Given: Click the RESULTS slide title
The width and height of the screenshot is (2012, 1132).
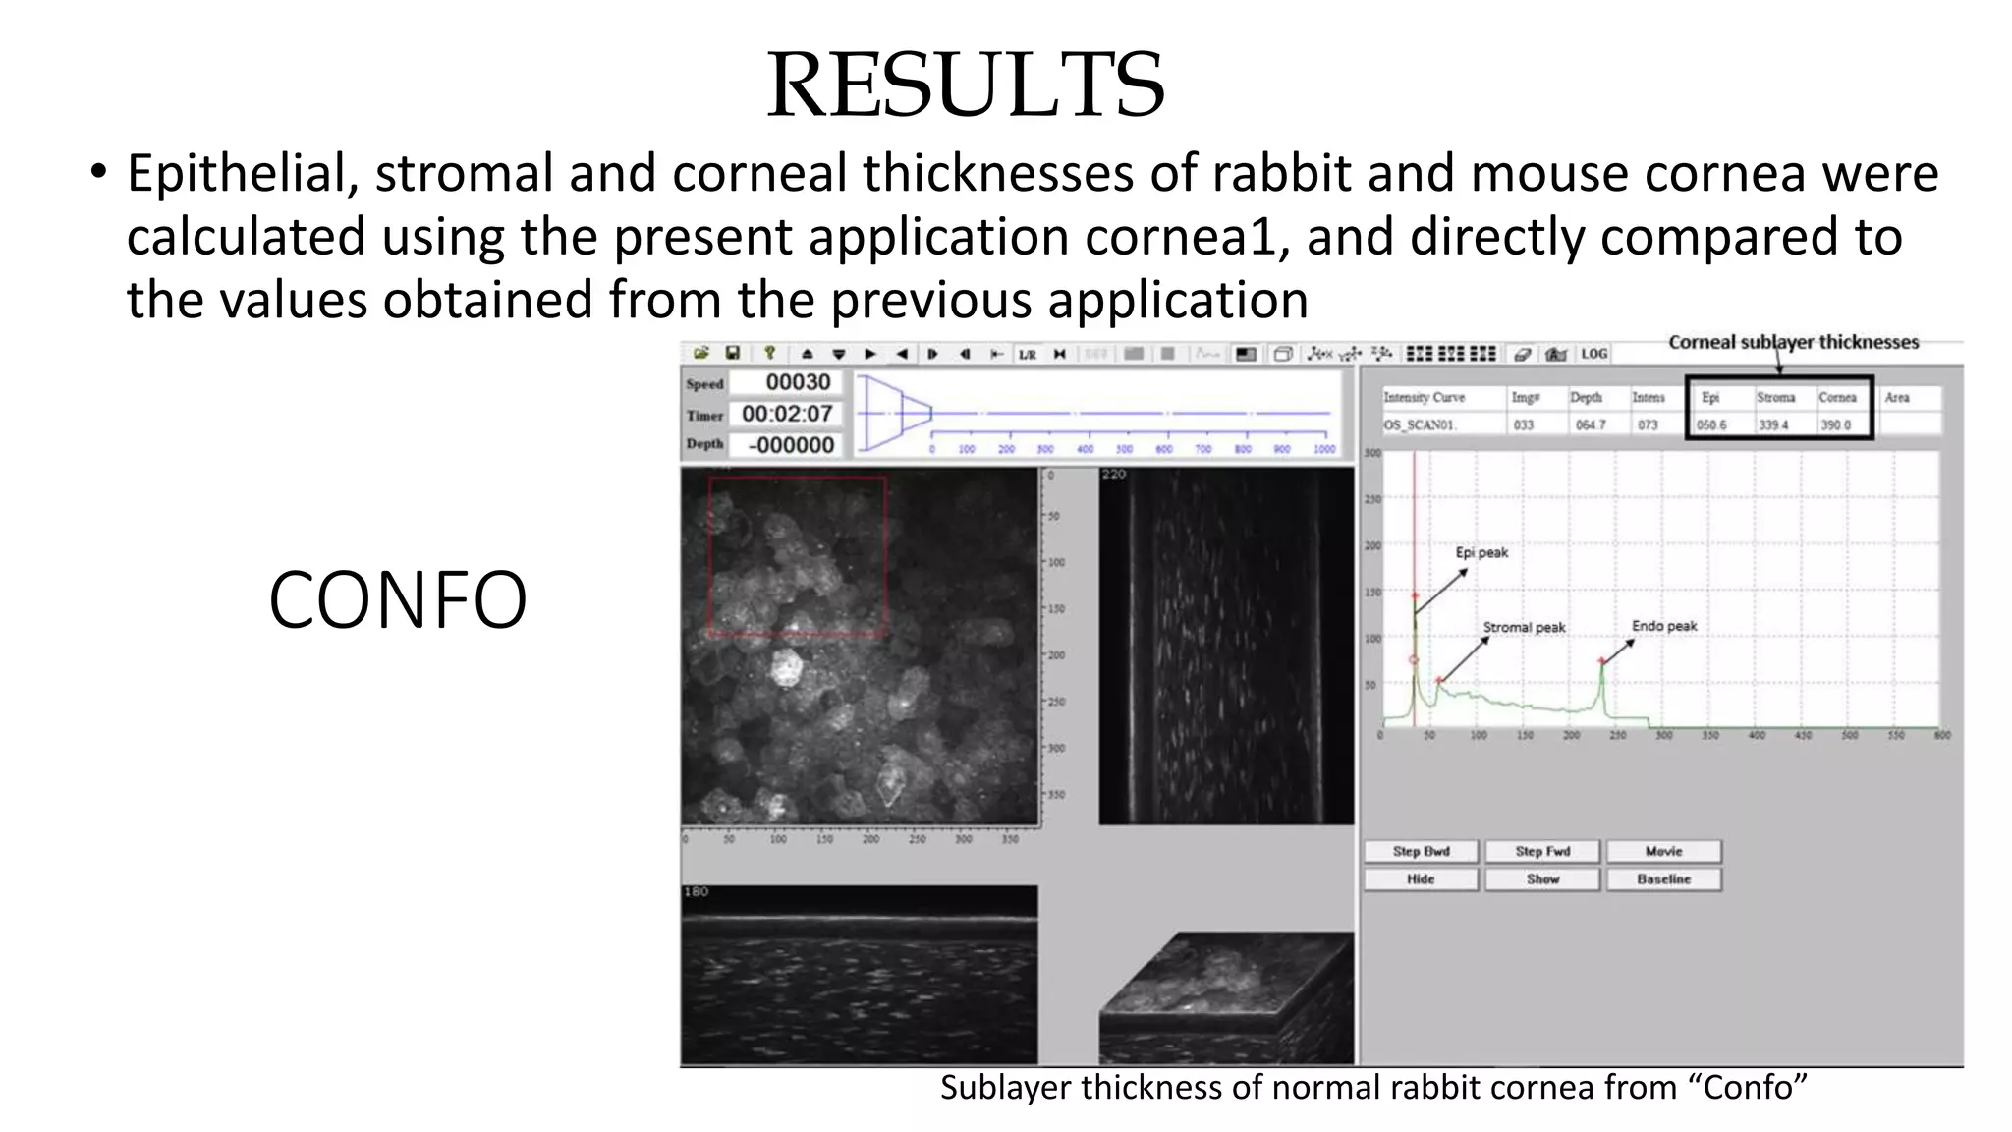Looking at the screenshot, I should point(966,85).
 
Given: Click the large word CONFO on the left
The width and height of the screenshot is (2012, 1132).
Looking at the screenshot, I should point(397,600).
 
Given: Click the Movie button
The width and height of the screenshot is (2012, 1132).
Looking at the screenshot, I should point(1663,851).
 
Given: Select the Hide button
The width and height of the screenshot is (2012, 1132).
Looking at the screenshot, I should point(1421,879).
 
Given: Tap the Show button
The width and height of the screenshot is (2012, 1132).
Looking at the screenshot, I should point(1542,879).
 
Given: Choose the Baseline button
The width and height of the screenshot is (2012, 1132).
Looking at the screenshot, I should point(1663,879).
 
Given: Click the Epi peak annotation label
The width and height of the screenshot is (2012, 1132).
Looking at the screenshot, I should point(1481,552).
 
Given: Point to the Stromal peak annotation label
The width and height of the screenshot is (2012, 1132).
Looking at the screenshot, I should point(1524,627).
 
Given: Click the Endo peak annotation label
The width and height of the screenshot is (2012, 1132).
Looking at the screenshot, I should point(1664,626).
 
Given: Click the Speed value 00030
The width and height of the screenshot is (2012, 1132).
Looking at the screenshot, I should point(798,382).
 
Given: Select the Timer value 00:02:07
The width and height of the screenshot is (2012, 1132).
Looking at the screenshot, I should point(787,414).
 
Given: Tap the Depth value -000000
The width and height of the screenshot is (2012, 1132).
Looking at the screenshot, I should point(791,445).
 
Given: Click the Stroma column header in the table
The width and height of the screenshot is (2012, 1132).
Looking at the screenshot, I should point(1775,398).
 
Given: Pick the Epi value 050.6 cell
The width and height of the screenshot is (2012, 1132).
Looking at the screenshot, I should point(1711,425).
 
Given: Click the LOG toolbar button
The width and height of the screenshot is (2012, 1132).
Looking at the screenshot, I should point(1593,354).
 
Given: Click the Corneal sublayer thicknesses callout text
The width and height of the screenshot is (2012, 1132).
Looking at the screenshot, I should point(1793,342).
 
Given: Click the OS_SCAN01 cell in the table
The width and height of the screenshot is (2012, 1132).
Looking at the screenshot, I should point(1420,425).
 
